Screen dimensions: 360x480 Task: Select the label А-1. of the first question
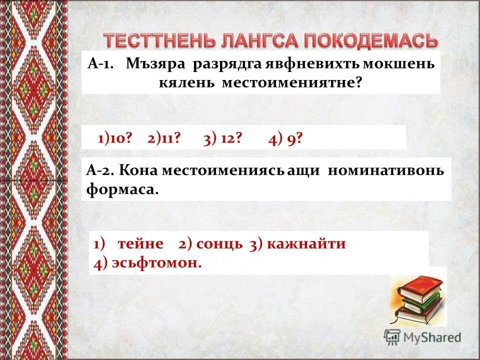[102, 64]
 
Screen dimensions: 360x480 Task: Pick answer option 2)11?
[163, 138]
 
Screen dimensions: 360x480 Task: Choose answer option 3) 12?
[222, 138]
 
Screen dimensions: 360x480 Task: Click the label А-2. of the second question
[101, 170]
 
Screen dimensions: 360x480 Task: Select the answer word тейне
[140, 244]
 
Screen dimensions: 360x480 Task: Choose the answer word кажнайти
[306, 244]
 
